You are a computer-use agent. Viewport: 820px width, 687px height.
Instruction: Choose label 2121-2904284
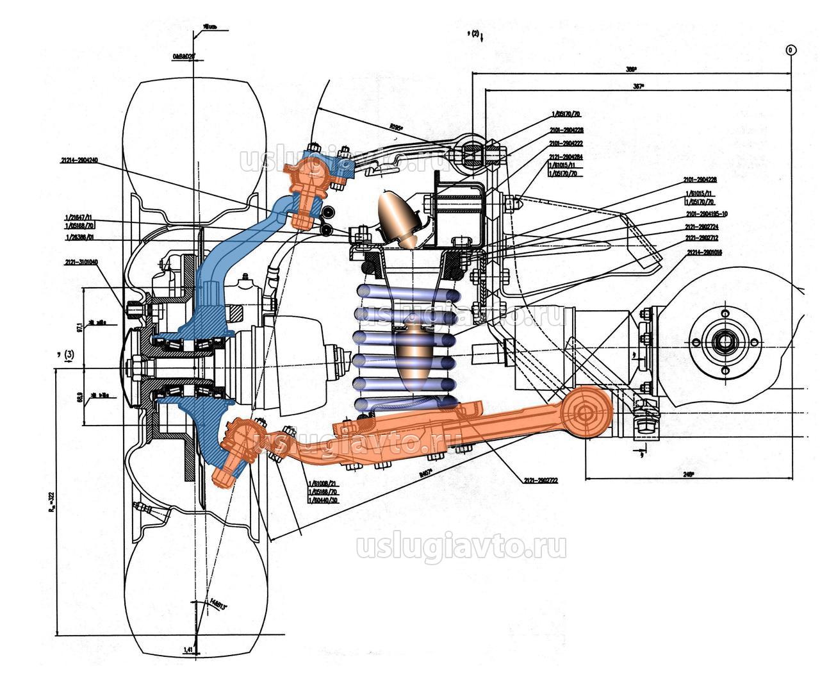point(566,157)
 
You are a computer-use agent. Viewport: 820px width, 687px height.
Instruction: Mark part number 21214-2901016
point(704,252)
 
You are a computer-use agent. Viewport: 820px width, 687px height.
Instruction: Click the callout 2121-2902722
point(540,480)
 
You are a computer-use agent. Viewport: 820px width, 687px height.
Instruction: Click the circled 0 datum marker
point(791,49)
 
